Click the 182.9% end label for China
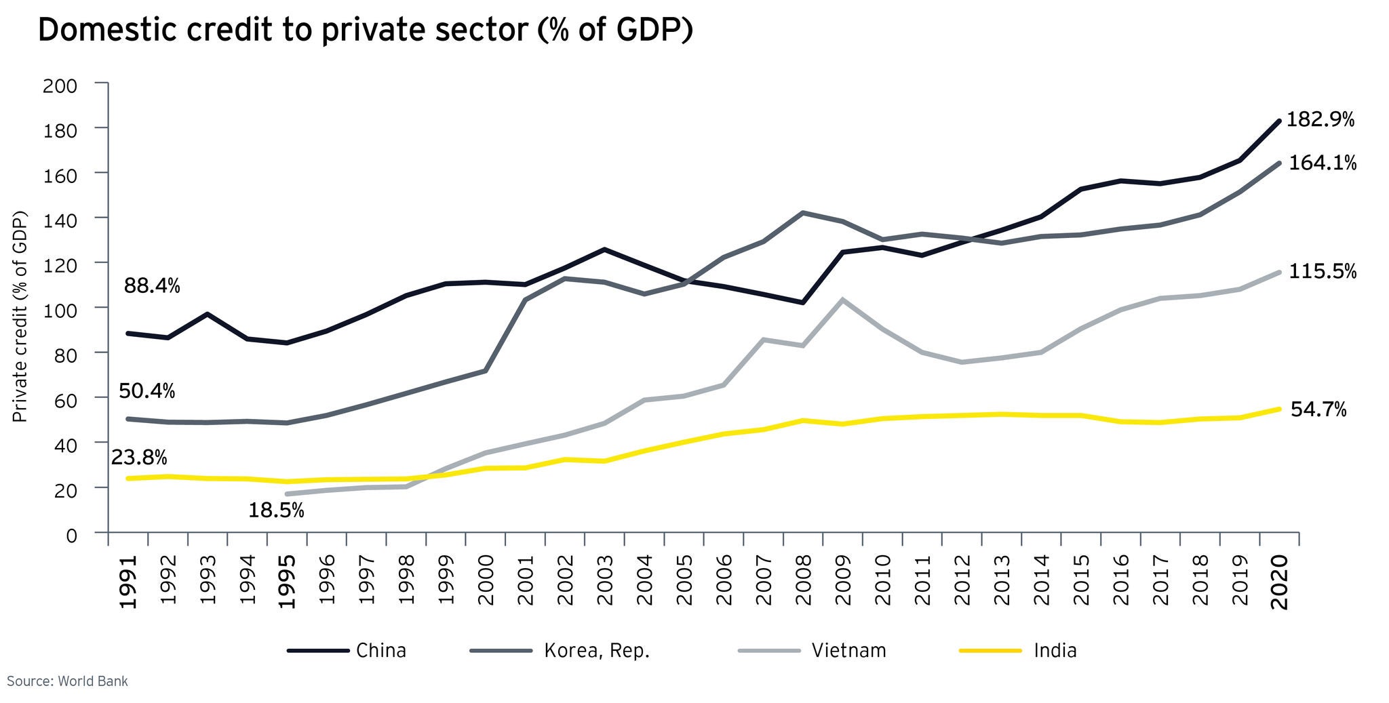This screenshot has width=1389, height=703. pos(1320,120)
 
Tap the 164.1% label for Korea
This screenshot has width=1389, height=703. pos(1322,163)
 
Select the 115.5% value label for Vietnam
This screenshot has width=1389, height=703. pos(1322,272)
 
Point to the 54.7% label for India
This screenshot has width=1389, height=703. pos(1318,409)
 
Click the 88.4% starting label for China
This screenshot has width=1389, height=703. pos(152,286)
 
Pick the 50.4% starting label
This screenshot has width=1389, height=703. pos(146,391)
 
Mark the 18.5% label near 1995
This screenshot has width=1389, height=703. pos(276,510)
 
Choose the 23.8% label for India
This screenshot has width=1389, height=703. pos(139,458)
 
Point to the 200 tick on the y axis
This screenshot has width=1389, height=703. pos(60,86)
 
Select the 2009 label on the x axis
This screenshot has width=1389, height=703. pos(843,580)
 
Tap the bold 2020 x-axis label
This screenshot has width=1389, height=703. pos(1279,582)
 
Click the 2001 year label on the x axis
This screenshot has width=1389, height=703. pos(525,580)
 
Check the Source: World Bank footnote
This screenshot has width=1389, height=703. pos(67,681)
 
